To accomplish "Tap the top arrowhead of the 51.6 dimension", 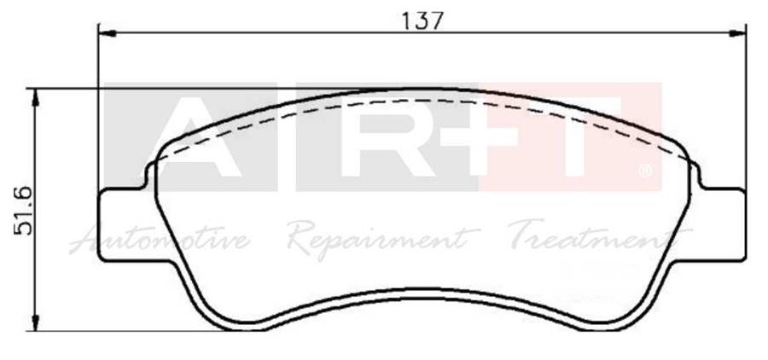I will tap(36, 96).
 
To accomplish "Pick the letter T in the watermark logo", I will tap(589, 136).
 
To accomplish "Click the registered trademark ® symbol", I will tap(646, 173).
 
